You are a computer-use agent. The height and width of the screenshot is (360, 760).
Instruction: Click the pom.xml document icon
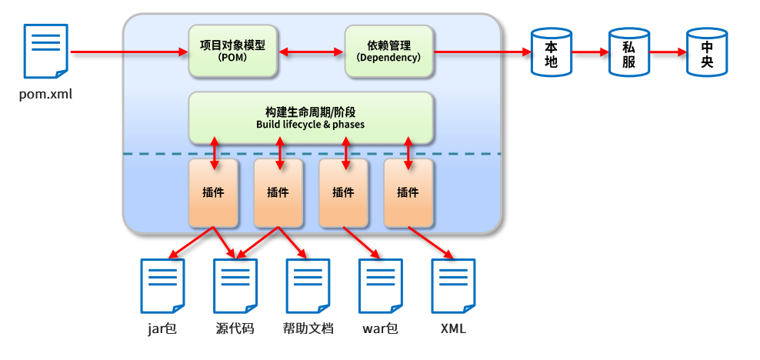45,50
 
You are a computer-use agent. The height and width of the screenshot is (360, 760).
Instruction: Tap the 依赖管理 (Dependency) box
388,51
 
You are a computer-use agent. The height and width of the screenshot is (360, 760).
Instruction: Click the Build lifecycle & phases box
312,118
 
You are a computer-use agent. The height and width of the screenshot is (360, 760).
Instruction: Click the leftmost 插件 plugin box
214,193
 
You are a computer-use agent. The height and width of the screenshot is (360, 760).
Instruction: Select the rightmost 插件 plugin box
408,193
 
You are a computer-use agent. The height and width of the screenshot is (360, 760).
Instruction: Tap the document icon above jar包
162,285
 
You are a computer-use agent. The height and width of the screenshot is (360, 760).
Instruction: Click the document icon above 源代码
235,285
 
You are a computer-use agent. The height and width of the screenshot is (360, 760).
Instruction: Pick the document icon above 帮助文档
308,285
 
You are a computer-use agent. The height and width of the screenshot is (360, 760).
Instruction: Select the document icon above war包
381,285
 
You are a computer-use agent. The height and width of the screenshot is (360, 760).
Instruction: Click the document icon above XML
453,285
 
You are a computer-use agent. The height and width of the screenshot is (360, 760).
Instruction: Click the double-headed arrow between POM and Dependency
311,52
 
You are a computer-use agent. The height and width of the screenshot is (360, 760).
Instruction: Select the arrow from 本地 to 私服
590,52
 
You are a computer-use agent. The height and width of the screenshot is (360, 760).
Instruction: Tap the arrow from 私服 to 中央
668,52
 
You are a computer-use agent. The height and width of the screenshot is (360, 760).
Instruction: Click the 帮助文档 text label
308,329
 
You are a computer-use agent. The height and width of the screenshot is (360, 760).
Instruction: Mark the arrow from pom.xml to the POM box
129,52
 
